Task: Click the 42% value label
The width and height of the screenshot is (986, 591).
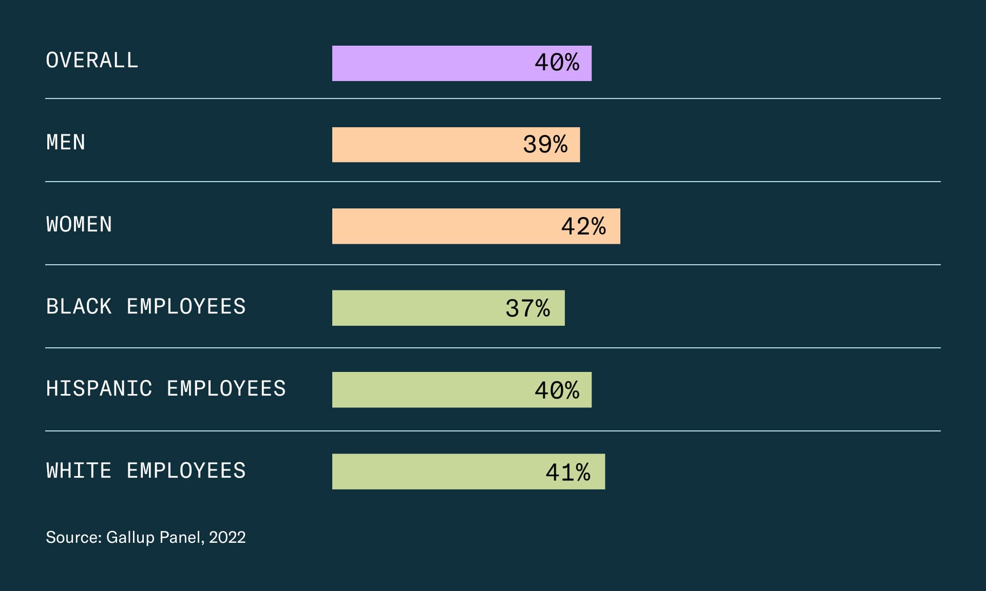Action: click(583, 226)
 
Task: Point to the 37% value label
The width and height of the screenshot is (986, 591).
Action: click(527, 308)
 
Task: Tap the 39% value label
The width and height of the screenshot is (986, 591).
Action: click(545, 145)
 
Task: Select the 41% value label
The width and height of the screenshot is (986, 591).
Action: click(567, 472)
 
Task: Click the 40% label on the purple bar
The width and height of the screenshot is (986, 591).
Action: click(557, 63)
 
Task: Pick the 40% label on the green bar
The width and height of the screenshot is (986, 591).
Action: click(557, 390)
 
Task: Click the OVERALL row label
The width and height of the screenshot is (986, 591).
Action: click(92, 61)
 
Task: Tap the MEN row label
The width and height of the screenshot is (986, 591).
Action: click(66, 142)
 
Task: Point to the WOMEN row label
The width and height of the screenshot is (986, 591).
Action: click(79, 224)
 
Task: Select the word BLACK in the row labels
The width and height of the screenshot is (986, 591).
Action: click(79, 306)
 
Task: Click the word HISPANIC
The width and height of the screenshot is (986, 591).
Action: click(99, 388)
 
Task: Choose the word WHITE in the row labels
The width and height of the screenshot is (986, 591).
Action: click(79, 470)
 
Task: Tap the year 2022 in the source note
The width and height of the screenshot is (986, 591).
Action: click(227, 537)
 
